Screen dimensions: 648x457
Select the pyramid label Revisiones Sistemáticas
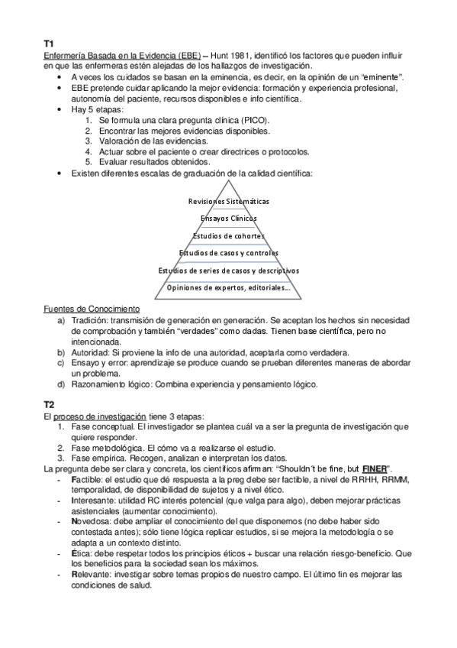tap(228, 201)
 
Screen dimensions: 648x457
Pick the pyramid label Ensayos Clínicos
tap(228, 219)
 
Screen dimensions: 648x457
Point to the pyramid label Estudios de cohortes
tap(228, 236)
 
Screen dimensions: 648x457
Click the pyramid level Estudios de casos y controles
tap(228, 253)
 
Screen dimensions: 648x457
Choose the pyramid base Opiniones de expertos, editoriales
tap(228, 287)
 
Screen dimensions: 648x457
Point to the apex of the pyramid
tap(228, 180)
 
